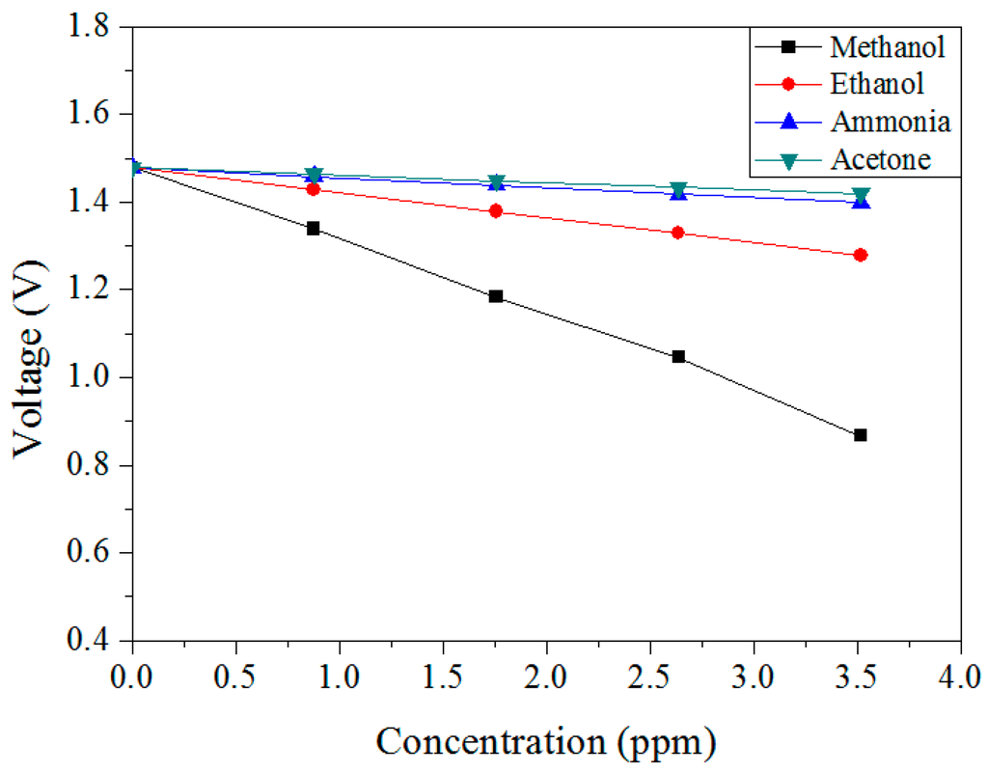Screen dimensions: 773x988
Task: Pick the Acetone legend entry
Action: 881,160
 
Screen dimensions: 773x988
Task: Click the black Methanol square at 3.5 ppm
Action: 861,435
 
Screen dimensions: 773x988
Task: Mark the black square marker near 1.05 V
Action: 678,357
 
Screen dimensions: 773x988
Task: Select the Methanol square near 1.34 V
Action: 314,229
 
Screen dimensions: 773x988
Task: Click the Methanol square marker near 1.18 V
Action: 496,296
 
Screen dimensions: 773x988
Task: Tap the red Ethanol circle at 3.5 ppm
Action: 861,255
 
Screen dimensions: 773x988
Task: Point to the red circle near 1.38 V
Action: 496,211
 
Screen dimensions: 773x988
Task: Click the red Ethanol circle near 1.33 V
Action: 678,233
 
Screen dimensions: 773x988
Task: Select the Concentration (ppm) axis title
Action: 546,741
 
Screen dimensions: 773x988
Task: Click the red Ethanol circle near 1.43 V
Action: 314,189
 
